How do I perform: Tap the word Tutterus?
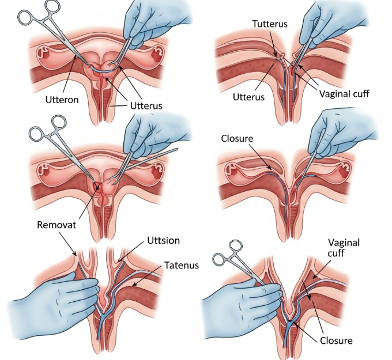point(270,24)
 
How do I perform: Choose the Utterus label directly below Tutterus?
point(248,97)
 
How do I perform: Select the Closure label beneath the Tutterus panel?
point(238,139)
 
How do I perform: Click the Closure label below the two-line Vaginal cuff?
point(336,340)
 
